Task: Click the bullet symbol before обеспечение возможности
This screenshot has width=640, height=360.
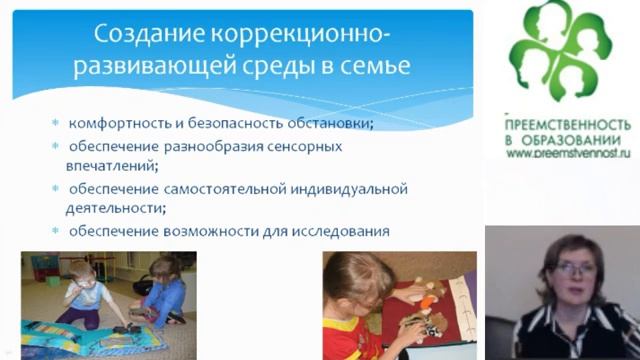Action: (57, 233)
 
